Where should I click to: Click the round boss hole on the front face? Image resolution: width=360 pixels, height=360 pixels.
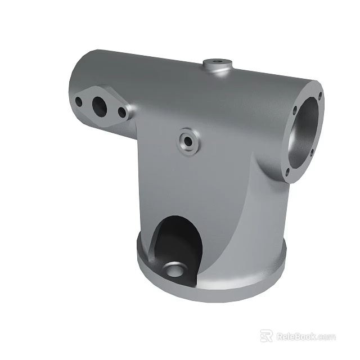(186, 140)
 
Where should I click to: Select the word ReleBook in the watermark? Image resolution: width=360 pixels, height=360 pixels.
(296, 336)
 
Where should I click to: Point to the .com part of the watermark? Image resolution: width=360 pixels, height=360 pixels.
(326, 337)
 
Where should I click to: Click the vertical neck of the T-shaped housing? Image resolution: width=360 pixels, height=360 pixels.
(219, 197)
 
